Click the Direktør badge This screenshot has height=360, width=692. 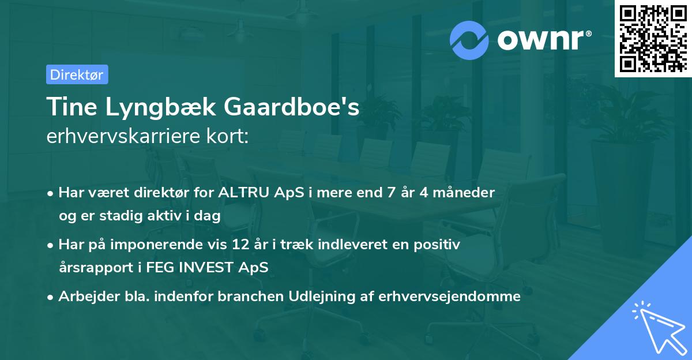point(77,74)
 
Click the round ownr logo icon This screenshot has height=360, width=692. point(469,40)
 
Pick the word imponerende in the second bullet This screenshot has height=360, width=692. point(173,245)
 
